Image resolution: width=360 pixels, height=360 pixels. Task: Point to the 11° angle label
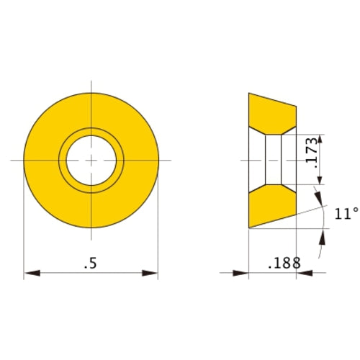click(346, 213)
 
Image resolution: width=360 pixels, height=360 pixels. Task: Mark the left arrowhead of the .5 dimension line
click(30, 273)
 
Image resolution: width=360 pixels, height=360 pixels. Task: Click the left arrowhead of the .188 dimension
click(243, 273)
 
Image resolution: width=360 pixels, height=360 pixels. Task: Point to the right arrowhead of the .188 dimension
click(302, 273)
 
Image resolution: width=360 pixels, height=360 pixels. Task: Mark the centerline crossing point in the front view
click(91, 158)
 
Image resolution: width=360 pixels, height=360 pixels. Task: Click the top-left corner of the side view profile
click(249, 93)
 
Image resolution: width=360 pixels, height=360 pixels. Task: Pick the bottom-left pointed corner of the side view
click(249, 228)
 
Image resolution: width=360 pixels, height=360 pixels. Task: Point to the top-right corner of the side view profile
click(296, 107)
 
